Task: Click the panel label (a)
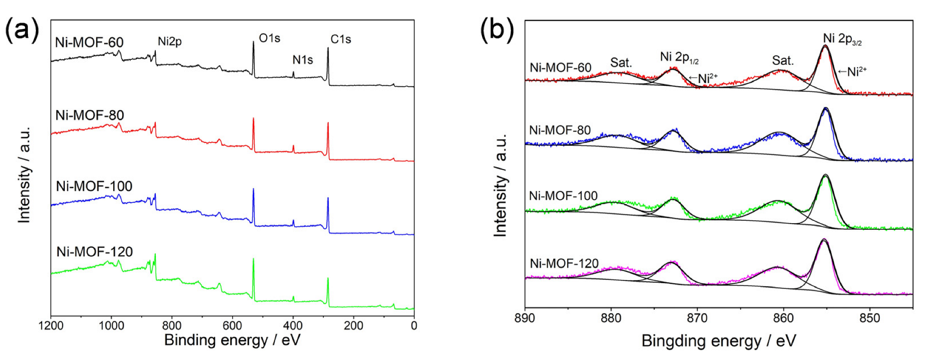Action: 21,30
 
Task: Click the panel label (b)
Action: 497,30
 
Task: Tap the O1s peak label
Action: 269,38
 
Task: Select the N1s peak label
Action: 303,60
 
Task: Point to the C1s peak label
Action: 340,39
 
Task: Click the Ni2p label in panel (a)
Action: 169,42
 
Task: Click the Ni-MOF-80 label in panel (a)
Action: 89,115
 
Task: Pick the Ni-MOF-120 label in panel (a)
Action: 94,252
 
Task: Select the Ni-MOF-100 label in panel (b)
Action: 563,196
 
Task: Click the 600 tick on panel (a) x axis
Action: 232,326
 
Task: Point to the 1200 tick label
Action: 51,326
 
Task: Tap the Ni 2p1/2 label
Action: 679,57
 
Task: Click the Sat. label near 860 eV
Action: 783,61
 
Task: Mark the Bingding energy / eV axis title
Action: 719,341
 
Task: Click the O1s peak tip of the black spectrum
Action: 253,42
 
